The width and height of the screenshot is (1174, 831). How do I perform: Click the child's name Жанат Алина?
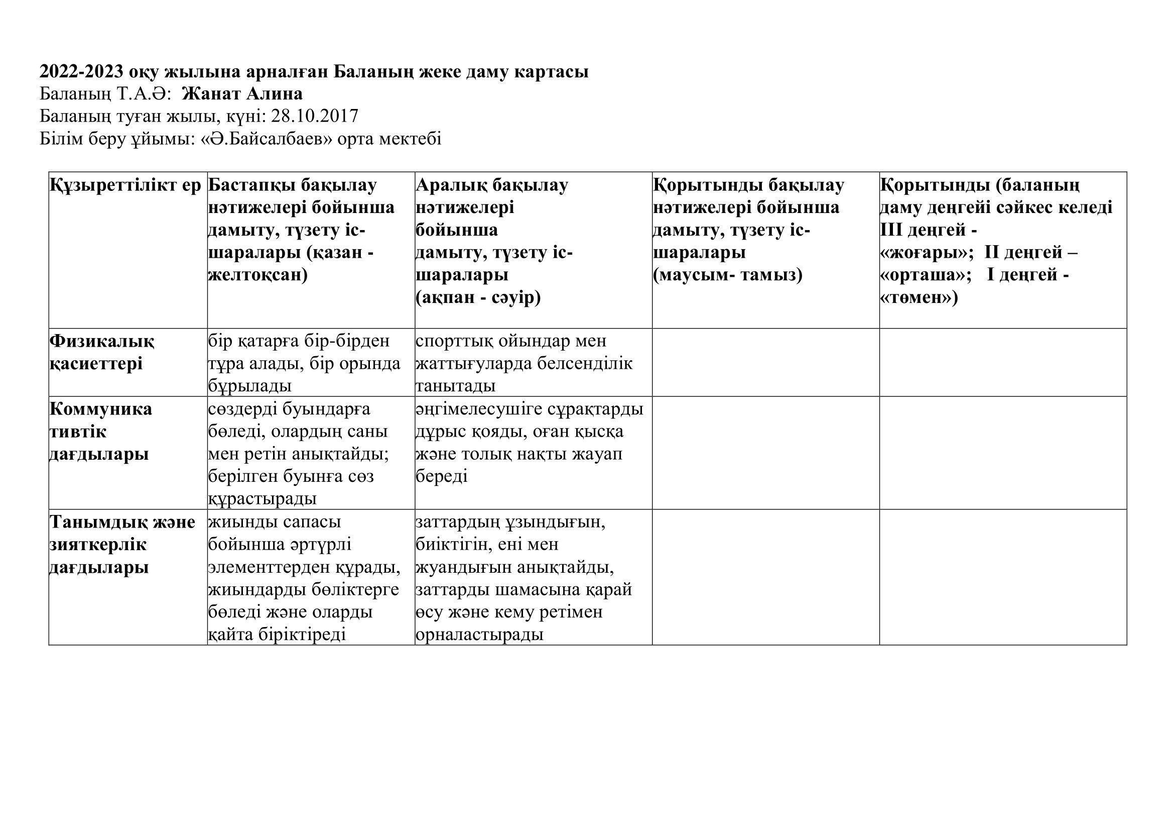click(242, 94)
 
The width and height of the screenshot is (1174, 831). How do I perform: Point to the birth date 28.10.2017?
click(315, 117)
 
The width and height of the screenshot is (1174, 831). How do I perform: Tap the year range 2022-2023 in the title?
click(81, 72)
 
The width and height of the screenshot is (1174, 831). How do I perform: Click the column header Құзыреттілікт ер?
click(126, 186)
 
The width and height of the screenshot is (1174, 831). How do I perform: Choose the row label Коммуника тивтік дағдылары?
click(100, 432)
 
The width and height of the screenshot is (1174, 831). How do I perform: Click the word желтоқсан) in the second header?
click(257, 275)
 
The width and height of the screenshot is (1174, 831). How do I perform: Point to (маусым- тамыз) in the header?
click(728, 275)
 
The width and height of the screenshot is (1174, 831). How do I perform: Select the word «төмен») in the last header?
click(919, 298)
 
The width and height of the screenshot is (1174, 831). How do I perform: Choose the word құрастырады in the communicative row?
click(263, 499)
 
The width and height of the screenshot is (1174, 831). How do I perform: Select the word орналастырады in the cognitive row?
click(479, 635)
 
